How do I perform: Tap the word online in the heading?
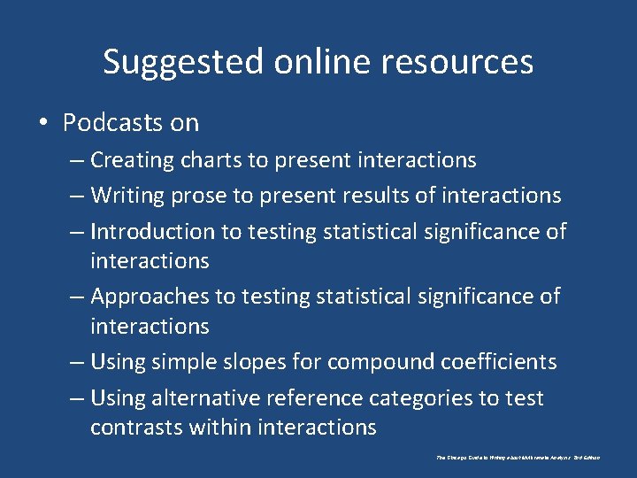tap(301, 62)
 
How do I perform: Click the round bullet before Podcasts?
tap(44, 123)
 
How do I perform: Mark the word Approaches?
tap(147, 297)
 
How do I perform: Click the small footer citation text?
tap(518, 458)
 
